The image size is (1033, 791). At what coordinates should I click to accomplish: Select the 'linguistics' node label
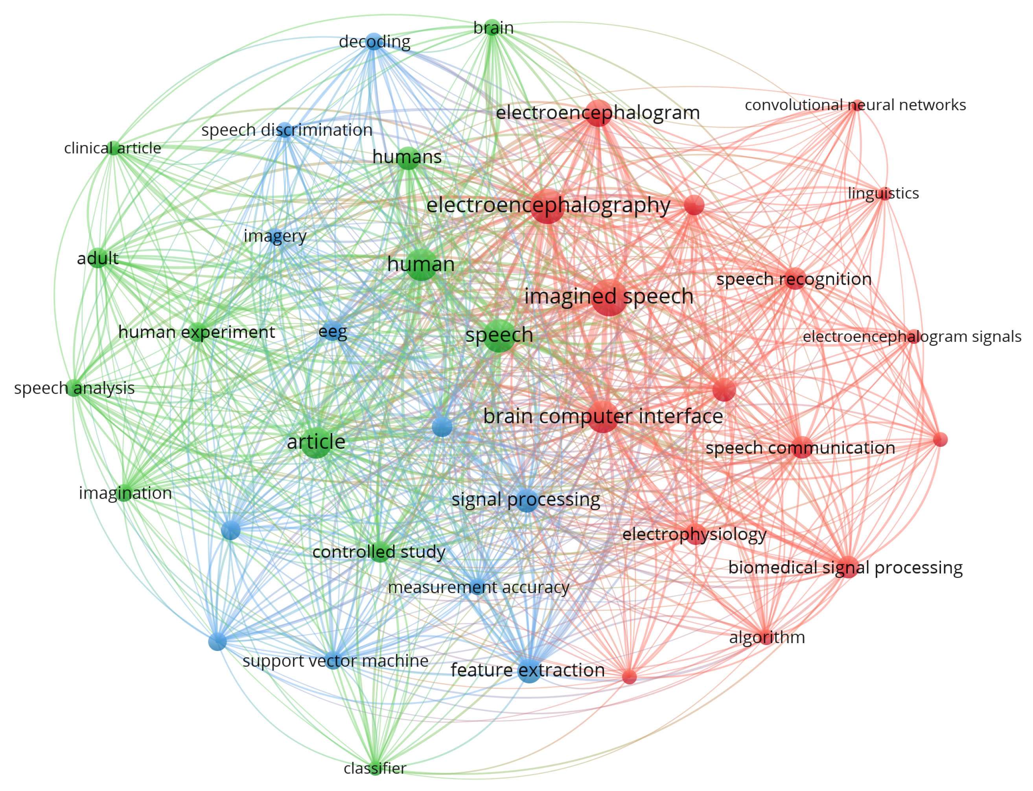(x=883, y=193)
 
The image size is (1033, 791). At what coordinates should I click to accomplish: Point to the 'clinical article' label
(x=112, y=148)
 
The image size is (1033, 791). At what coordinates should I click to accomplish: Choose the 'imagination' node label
(x=125, y=493)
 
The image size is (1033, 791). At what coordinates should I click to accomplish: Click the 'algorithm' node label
(x=767, y=637)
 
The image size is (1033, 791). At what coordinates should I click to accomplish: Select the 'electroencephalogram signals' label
(x=911, y=337)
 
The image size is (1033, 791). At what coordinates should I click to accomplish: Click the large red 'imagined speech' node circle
(x=609, y=298)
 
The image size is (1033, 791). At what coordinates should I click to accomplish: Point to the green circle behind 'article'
(x=316, y=443)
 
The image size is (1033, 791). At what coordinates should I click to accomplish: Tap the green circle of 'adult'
(x=98, y=258)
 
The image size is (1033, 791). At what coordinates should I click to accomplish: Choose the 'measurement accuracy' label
(x=478, y=587)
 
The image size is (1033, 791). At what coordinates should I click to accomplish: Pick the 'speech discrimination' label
(x=287, y=130)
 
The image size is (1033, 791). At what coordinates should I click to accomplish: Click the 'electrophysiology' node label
(x=694, y=535)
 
